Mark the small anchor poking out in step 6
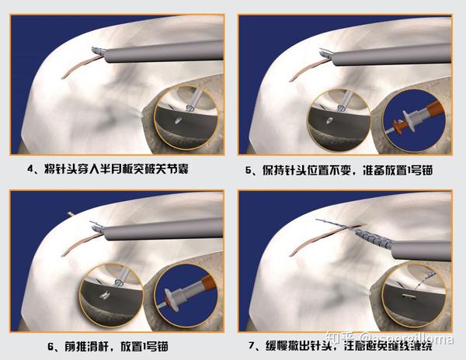coord(72,214)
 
